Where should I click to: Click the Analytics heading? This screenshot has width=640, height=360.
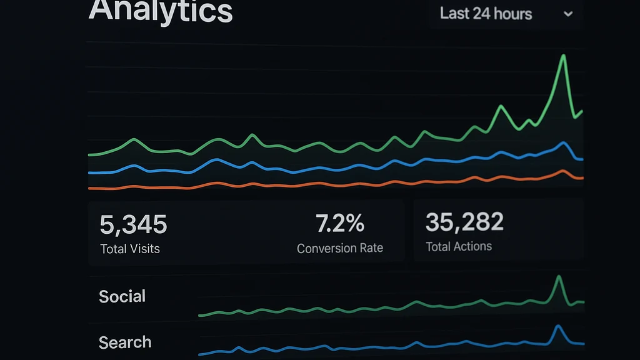161,11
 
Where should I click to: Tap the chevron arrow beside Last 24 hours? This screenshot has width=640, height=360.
568,14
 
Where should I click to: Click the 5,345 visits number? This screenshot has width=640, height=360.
133,224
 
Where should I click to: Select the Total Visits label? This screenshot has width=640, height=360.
130,249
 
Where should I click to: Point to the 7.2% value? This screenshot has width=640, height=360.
339,223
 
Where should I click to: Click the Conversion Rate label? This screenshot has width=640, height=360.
339,248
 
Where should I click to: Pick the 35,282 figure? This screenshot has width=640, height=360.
464,222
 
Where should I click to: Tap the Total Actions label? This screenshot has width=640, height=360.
459,246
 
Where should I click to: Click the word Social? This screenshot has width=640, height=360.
122,296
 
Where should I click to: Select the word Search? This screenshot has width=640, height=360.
125,342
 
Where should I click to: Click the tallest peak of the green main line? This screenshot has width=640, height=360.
564,56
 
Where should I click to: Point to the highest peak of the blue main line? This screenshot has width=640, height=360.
565,143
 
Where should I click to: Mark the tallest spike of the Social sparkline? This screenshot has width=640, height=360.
558,276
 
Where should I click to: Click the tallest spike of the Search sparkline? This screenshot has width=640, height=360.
557,326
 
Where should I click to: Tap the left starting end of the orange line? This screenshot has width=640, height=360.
89,187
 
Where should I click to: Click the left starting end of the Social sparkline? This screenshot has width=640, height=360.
199,315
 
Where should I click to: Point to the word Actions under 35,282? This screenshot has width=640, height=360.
472,246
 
